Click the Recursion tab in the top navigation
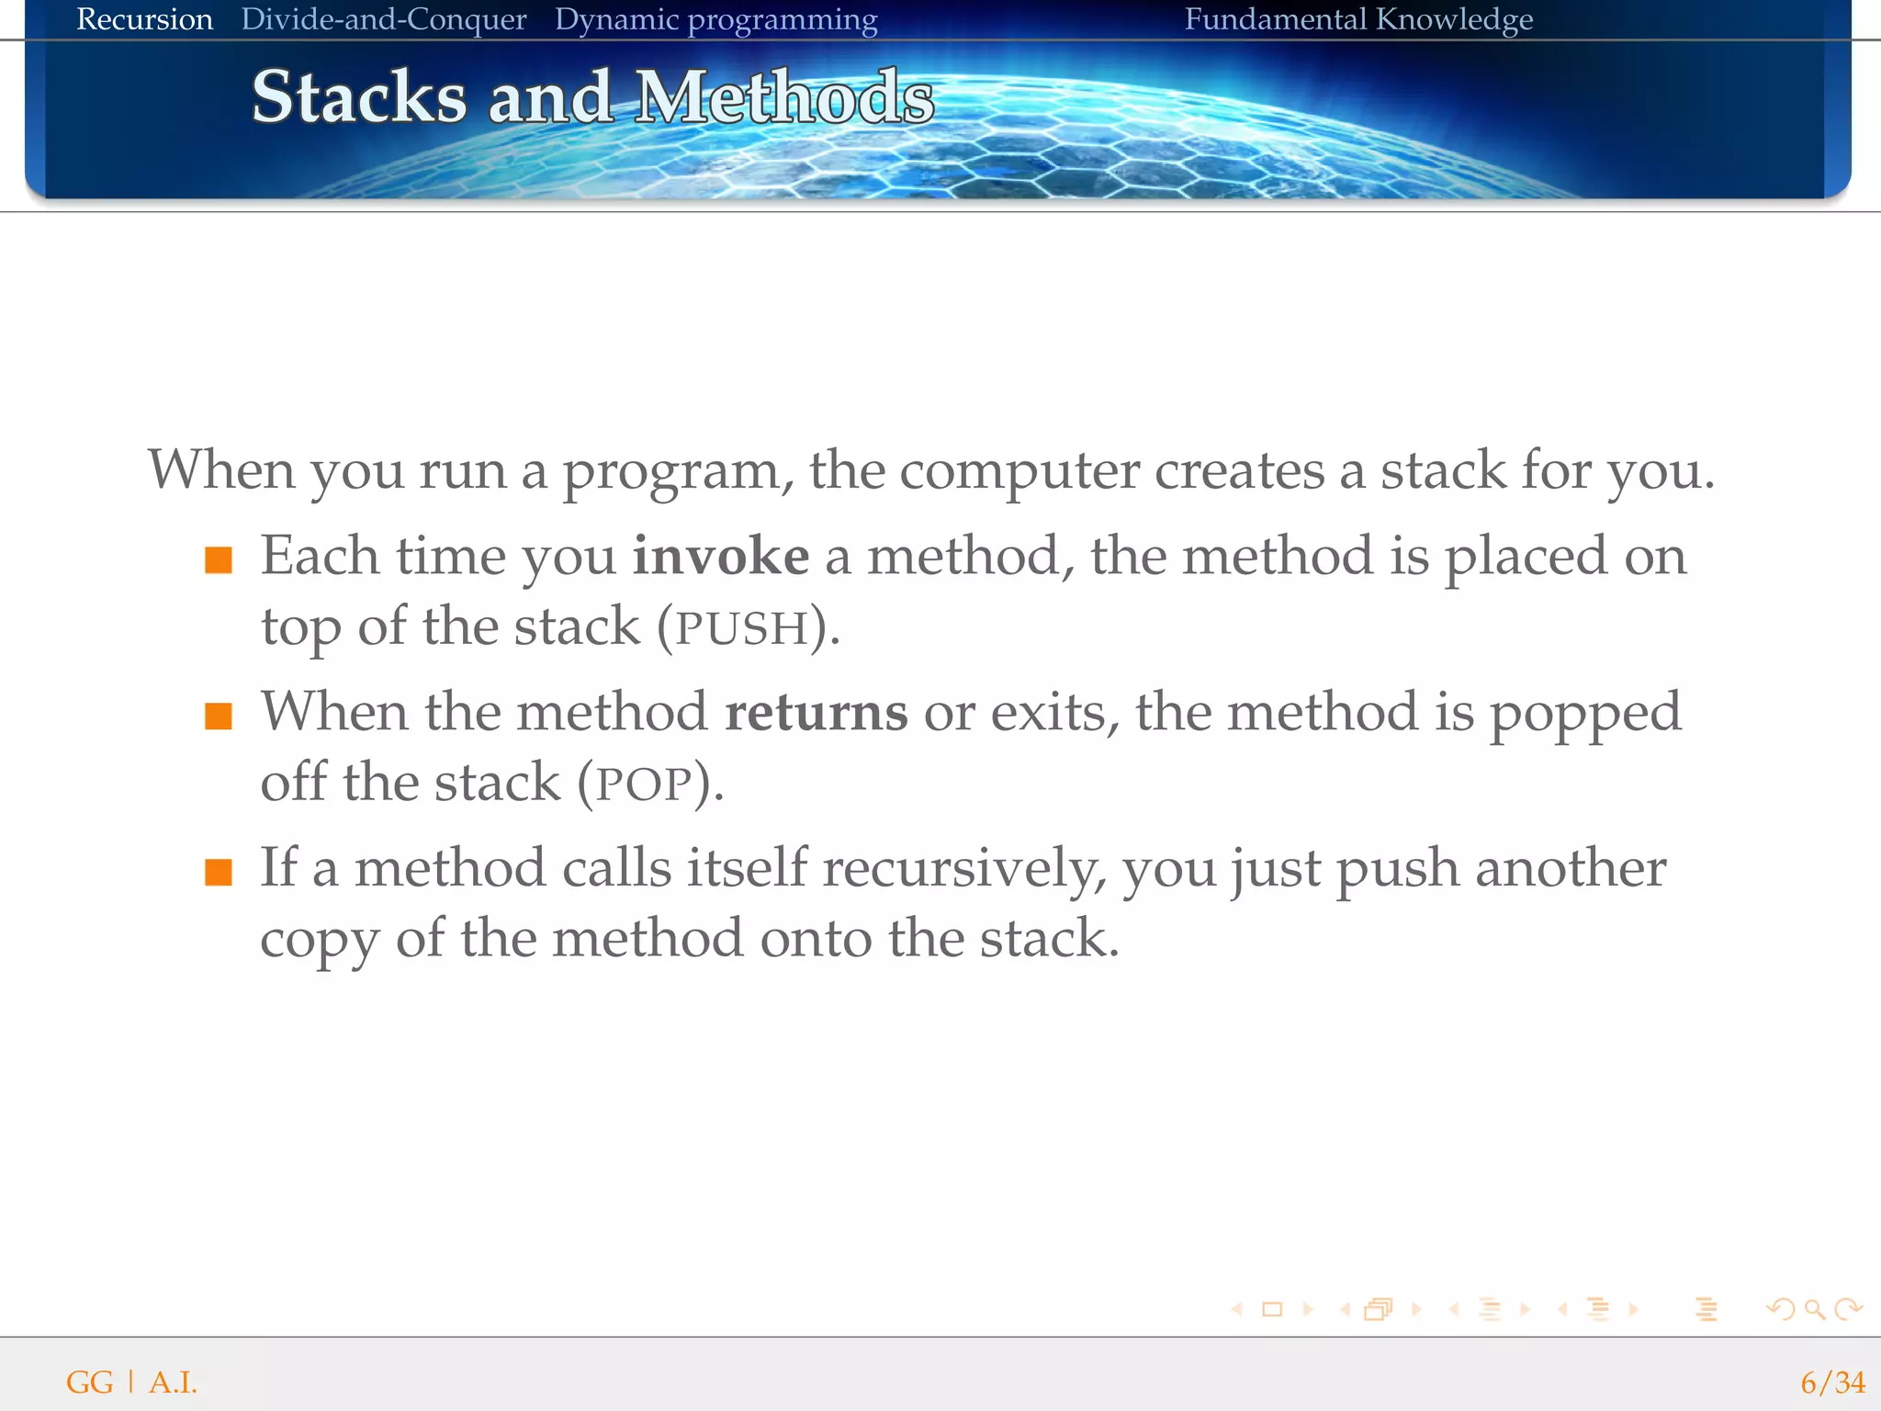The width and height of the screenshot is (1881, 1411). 144,19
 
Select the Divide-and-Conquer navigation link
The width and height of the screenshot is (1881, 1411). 383,19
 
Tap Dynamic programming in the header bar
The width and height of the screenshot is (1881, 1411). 715,19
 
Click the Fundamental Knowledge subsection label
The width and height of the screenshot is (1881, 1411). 1357,19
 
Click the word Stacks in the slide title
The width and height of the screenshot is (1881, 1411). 359,97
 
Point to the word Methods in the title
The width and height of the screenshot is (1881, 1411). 784,97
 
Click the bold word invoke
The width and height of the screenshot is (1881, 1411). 720,557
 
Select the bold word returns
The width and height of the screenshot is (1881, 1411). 816,713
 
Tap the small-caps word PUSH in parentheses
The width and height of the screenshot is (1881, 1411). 741,629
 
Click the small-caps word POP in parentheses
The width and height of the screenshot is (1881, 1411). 644,785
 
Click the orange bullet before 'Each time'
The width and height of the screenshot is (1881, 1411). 219,559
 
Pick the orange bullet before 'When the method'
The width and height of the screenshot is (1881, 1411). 219,716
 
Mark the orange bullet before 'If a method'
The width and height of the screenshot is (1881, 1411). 219,872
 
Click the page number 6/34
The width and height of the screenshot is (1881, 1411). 1832,1383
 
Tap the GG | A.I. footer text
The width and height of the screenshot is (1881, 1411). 131,1383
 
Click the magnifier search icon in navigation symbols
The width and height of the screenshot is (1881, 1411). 1814,1309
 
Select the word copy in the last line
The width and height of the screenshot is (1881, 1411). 319,941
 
